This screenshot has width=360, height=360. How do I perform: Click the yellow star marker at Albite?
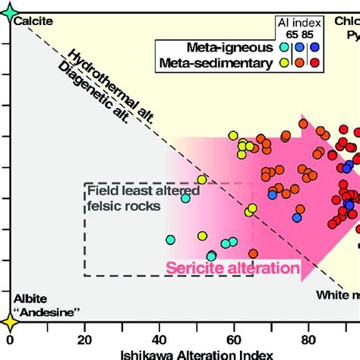(x=11, y=322)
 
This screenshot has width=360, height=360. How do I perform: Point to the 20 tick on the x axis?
(x=84, y=339)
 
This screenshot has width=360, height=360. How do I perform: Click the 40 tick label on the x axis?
(x=159, y=339)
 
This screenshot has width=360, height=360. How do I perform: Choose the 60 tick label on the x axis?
(x=233, y=339)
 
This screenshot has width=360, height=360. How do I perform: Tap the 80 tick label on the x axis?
(x=308, y=339)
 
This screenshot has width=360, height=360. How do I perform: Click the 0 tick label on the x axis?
(x=11, y=339)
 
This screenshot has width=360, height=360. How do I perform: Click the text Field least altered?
(x=143, y=191)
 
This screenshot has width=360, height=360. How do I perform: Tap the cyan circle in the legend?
(x=284, y=47)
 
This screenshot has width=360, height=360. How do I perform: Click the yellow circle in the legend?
(x=284, y=63)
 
